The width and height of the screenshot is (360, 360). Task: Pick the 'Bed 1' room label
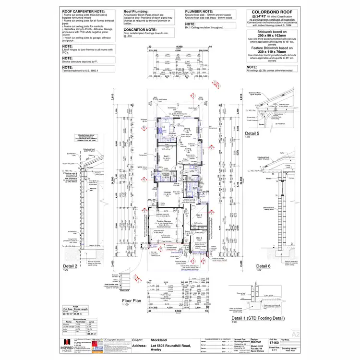click(166, 156)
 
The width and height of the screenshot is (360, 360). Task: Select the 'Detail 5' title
click(252, 132)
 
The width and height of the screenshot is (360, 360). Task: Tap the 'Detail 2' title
click(70, 265)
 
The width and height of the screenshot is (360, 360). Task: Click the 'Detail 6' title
click(263, 265)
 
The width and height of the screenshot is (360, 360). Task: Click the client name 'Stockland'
click(159, 338)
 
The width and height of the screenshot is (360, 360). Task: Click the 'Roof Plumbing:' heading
click(135, 11)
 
